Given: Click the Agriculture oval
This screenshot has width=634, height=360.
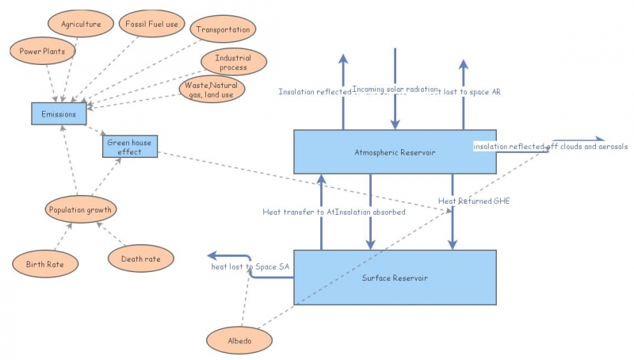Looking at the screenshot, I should (x=81, y=25).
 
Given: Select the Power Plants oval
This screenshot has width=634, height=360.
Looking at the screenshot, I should (x=43, y=52).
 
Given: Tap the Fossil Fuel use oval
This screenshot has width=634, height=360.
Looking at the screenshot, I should (x=152, y=25).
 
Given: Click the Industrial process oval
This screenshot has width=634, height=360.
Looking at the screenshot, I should (x=232, y=62).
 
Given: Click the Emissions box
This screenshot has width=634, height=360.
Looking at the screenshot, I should (x=59, y=113).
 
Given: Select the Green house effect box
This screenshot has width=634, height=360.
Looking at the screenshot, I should (x=130, y=147).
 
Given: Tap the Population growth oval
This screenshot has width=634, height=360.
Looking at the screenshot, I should (x=82, y=210).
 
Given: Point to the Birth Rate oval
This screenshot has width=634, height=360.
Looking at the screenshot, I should (x=45, y=262).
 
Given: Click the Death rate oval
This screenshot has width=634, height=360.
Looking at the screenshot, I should (x=141, y=259).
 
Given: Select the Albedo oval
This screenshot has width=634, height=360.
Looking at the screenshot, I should (x=239, y=340).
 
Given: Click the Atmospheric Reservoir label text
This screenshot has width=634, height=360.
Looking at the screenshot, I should (x=395, y=151).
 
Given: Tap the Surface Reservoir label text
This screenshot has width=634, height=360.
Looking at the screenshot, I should (x=395, y=278).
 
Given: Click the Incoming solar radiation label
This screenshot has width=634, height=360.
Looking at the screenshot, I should (x=394, y=90).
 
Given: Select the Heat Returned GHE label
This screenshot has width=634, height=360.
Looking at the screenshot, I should (x=474, y=201).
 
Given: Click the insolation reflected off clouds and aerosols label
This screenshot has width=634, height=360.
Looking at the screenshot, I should (x=550, y=147).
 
